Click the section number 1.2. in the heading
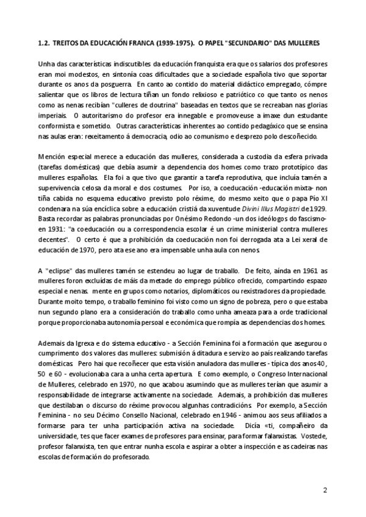[43, 44]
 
